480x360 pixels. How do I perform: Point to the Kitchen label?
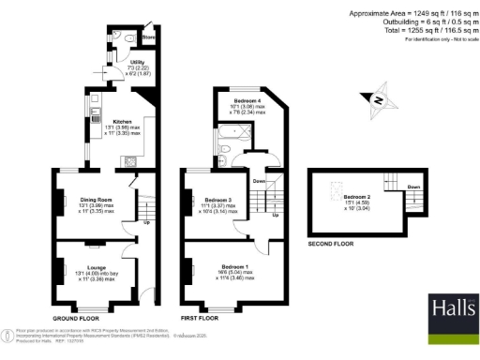[123, 122]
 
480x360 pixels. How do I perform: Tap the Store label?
[147, 38]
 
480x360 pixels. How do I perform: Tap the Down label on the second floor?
[412, 187]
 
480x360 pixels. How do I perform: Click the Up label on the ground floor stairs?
[147, 222]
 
